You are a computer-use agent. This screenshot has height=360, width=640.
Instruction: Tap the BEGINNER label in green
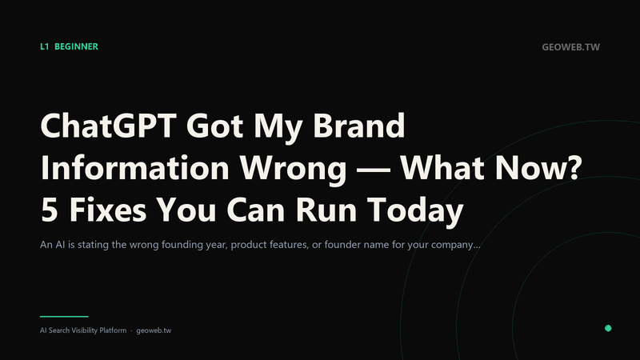[76, 46]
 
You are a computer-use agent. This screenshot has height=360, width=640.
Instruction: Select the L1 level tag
[45, 46]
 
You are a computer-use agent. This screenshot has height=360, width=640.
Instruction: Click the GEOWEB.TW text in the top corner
[570, 47]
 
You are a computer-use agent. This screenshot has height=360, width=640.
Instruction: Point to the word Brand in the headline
[358, 126]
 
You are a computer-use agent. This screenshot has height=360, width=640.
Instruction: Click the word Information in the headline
[134, 167]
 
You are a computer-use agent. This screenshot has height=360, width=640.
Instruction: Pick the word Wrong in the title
[293, 170]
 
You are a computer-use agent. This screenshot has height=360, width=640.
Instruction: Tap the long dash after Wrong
[373, 170]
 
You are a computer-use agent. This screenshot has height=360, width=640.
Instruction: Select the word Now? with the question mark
[538, 167]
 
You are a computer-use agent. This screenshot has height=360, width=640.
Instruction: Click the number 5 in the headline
[49, 210]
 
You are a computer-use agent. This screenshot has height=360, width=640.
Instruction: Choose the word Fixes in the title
[108, 210]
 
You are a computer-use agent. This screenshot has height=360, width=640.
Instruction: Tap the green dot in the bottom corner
[608, 328]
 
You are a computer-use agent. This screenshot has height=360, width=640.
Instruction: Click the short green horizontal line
[64, 316]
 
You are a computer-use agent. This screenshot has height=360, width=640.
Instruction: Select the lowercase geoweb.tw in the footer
[154, 330]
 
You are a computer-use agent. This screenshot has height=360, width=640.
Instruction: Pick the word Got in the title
[214, 126]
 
